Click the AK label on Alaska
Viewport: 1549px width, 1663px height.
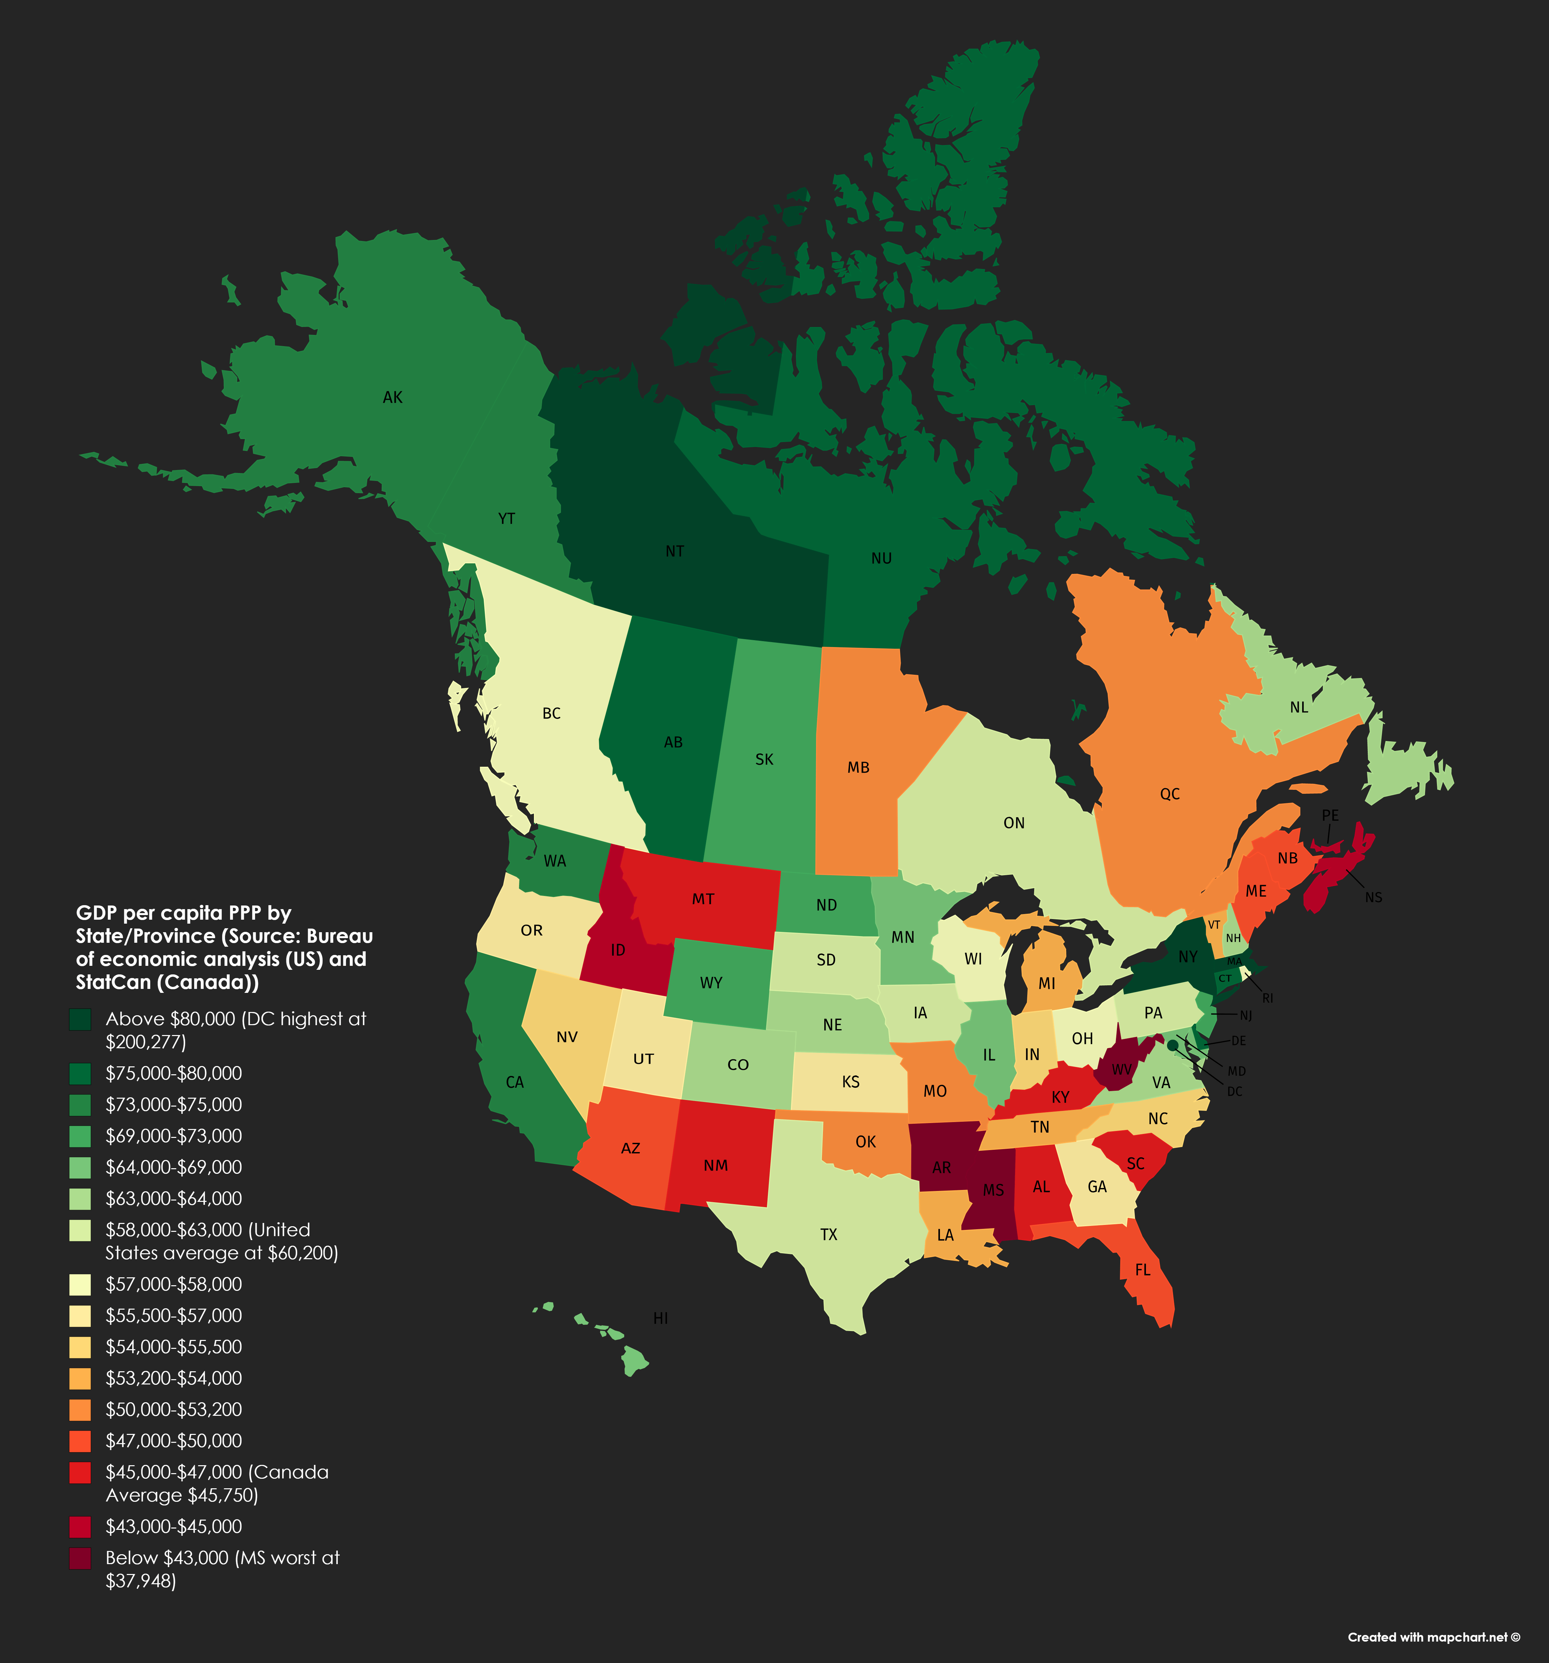point(392,397)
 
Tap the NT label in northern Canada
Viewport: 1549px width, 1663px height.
point(674,551)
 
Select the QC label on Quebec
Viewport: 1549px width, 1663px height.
point(1169,794)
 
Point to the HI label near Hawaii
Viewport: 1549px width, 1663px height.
point(660,1318)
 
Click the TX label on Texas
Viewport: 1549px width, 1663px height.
point(828,1235)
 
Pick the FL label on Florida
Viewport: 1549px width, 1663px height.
point(1143,1270)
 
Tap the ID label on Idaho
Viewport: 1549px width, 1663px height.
point(617,950)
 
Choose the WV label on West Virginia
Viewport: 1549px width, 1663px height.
point(1121,1070)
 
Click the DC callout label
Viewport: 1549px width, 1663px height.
point(1235,1092)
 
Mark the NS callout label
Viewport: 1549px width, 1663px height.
point(1373,898)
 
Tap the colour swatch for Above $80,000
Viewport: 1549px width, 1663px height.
point(80,1019)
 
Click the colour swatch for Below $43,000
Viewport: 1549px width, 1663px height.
point(80,1559)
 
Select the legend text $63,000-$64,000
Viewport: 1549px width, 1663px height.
point(173,1199)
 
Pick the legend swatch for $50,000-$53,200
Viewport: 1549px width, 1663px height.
point(80,1410)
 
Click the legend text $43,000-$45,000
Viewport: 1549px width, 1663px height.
point(173,1527)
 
